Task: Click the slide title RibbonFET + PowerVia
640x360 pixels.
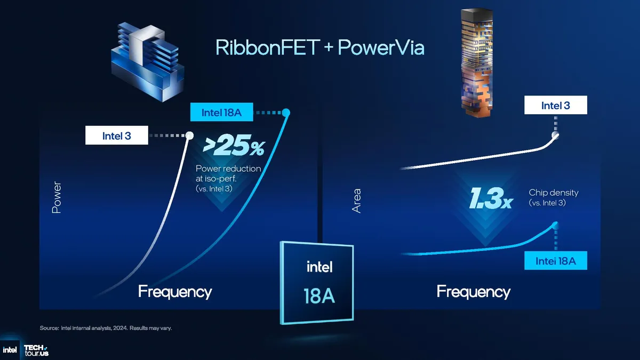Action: [320, 47]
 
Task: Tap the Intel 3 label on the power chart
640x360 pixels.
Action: [116, 135]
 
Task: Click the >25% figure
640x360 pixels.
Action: [233, 146]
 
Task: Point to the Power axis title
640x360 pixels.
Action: [57, 198]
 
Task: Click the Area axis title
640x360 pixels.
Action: [356, 201]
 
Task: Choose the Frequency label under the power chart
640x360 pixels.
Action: [175, 292]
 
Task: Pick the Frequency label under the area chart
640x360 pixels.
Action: [473, 292]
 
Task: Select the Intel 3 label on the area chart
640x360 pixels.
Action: [555, 105]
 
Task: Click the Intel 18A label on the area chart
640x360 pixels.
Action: [555, 261]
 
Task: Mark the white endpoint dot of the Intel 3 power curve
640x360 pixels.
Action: [189, 135]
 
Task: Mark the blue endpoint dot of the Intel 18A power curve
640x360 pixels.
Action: [286, 113]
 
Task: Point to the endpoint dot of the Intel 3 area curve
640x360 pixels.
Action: [555, 135]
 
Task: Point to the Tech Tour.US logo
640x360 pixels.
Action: [36, 350]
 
